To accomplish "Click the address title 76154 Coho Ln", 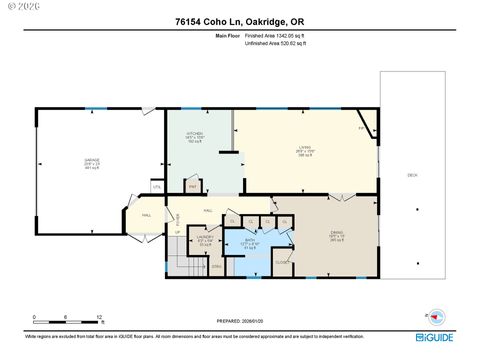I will [x=239, y=21].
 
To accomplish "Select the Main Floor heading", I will [x=229, y=35].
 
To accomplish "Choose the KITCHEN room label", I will [x=195, y=136].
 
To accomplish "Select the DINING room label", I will [x=337, y=236].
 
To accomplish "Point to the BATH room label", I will [x=251, y=241].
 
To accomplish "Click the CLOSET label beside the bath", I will [x=282, y=262].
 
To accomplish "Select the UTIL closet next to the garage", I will [x=156, y=187].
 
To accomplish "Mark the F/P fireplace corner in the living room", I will [x=361, y=128].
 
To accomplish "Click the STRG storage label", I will [x=215, y=267].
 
